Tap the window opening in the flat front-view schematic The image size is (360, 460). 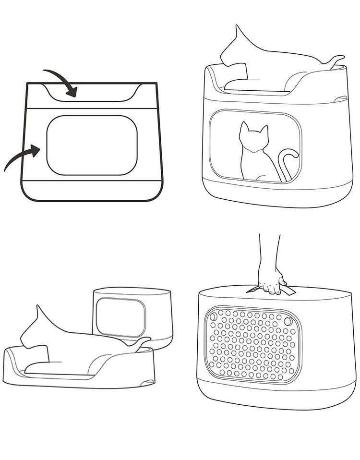(92, 145)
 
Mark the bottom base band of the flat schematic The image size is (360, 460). (92, 191)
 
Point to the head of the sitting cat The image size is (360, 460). (253, 136)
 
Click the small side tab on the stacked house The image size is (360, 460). (340, 98)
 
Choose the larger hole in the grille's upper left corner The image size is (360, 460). (214, 316)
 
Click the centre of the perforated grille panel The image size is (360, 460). (252, 345)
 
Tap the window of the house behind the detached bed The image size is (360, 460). (120, 317)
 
